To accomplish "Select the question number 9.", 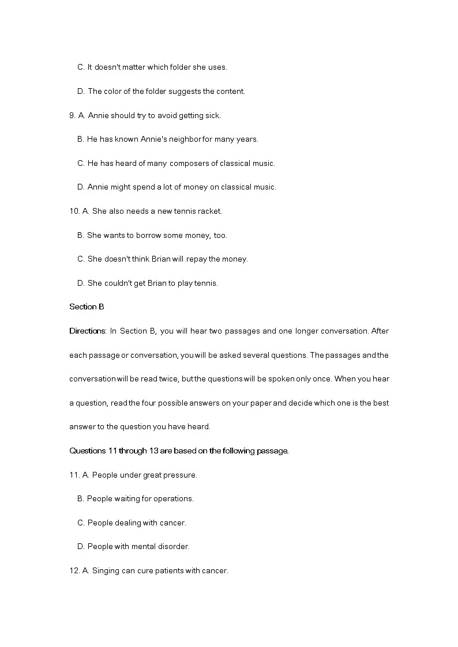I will pos(72,115).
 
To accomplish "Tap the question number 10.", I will pos(74,211).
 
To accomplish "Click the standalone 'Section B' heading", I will pos(87,307).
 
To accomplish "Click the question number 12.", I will pos(74,571).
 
